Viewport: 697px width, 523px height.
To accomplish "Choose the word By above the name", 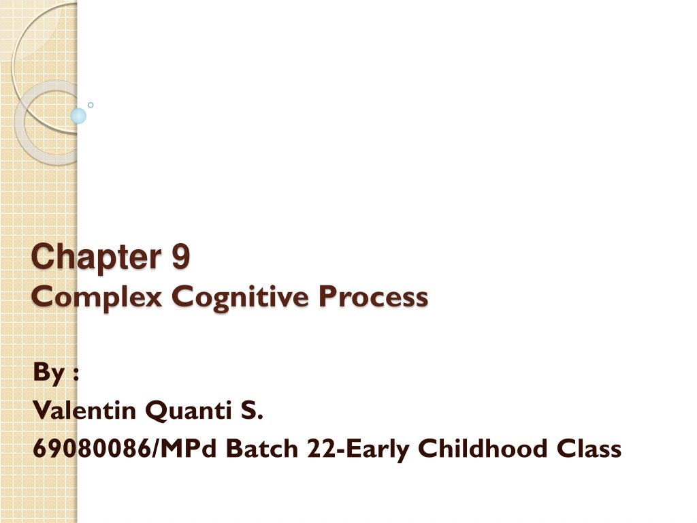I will pyautogui.click(x=46, y=373).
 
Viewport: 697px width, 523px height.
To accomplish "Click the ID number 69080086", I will pyautogui.click(x=92, y=449).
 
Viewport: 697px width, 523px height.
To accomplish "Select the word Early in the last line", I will pyautogui.click(x=371, y=450).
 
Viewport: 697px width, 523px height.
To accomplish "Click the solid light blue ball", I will pyautogui.click(x=78, y=116).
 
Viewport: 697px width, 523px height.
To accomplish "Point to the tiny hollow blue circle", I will pyautogui.click(x=91, y=105).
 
